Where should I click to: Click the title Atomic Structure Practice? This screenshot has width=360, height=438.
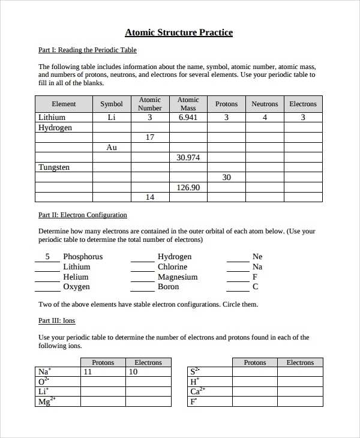[x=179, y=32]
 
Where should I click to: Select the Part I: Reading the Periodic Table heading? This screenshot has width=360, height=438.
[x=87, y=50]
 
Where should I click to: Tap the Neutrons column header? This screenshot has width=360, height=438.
[x=265, y=104]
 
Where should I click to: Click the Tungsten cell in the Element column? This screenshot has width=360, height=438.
[x=54, y=167]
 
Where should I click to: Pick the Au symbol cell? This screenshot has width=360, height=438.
[x=112, y=148]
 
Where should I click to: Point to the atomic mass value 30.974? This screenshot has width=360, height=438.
[x=188, y=157]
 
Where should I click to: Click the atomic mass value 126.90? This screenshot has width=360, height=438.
[x=188, y=187]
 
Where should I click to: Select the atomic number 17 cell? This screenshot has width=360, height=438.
[x=150, y=137]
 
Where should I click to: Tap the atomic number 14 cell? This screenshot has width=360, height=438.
[x=150, y=197]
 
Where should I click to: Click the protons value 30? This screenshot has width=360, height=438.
[x=226, y=178]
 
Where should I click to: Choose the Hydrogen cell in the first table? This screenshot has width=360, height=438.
[x=55, y=128]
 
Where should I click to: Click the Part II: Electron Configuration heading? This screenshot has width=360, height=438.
[x=83, y=215]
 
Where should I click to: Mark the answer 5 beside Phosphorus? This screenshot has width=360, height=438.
[x=47, y=257]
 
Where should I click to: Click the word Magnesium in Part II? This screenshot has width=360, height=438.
[x=178, y=277]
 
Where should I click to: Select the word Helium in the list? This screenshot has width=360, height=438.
[x=76, y=277]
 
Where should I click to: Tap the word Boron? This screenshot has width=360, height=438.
[x=169, y=287]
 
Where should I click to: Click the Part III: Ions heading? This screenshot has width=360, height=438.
[x=57, y=321]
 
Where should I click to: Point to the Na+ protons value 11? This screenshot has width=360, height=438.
[x=88, y=372]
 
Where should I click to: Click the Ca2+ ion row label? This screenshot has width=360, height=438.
[x=197, y=392]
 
